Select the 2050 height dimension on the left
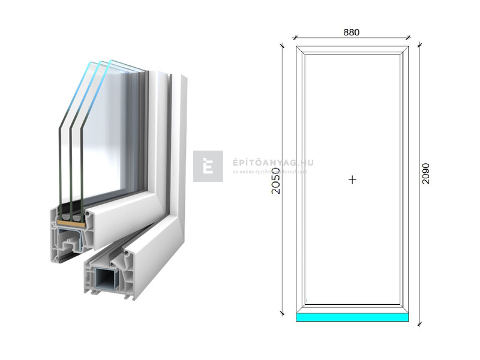275,179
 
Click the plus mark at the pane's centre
352,179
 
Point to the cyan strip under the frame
352,317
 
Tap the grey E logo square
208,166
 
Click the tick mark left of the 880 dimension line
295,38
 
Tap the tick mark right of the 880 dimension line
409,38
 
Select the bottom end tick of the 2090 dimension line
419,323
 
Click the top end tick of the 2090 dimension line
419,45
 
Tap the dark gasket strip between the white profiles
170,120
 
